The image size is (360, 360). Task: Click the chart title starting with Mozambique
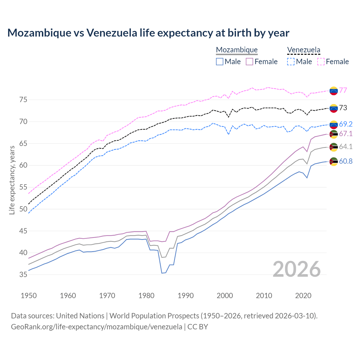click(x=148, y=33)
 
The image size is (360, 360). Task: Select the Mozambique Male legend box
click(x=220, y=62)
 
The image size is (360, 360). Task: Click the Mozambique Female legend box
click(x=249, y=62)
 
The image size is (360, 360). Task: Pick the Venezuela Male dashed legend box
click(x=291, y=62)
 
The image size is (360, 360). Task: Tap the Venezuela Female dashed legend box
click(x=321, y=62)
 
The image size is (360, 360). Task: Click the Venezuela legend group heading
click(x=303, y=50)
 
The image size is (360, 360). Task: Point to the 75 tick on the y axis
click(x=23, y=100)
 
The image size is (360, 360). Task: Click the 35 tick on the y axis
click(x=23, y=274)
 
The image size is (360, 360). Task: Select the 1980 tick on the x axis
click(x=146, y=296)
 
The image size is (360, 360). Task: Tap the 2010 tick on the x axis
click(x=264, y=296)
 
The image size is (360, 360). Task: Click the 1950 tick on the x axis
click(x=29, y=296)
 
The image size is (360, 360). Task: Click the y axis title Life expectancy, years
click(x=12, y=180)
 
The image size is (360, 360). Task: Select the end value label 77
click(x=343, y=90)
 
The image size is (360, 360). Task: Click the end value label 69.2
click(x=346, y=124)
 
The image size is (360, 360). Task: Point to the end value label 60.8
click(x=346, y=161)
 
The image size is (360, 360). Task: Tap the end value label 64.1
click(x=346, y=147)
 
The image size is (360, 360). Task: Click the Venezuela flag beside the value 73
click(x=334, y=108)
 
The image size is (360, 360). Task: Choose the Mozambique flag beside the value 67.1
click(x=334, y=134)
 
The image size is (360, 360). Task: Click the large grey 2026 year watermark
click(x=297, y=269)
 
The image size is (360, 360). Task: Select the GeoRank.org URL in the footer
click(x=96, y=327)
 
